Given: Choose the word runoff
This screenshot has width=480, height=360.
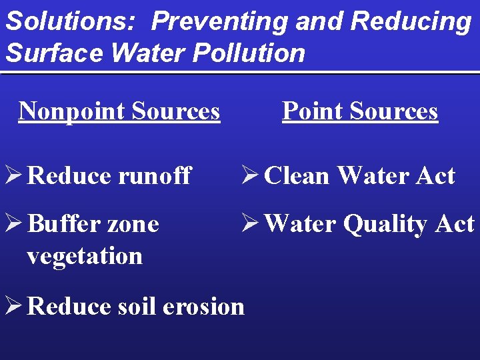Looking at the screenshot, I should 155,176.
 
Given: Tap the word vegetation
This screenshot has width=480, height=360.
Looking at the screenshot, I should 85,256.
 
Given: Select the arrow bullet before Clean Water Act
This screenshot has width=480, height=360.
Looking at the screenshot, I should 250,175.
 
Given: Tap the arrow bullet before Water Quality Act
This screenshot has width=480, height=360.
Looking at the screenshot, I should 250,224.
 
